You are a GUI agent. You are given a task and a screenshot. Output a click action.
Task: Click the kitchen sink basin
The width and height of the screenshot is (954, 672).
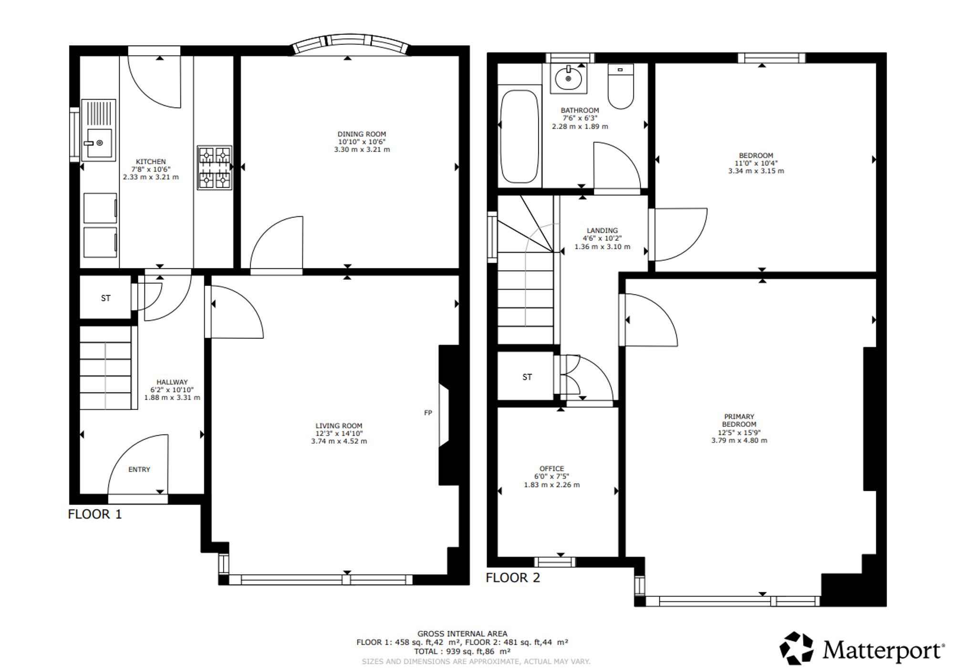coord(98,143)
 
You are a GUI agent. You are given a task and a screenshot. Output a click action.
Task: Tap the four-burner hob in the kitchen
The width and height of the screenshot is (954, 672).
coord(215,168)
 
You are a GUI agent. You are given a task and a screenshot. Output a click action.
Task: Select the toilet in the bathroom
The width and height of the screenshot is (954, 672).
coord(621,86)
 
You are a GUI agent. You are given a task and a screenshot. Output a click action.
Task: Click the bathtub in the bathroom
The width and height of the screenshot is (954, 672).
coord(520,137)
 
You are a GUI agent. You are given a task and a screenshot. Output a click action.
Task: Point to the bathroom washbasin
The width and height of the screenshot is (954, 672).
coord(568,79)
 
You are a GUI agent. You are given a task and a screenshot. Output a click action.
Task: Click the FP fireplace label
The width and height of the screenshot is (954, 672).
coord(428,413)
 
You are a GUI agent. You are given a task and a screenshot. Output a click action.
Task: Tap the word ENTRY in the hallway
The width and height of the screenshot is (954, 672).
coord(139,469)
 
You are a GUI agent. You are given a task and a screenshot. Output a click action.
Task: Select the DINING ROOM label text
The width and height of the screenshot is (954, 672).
coord(362,134)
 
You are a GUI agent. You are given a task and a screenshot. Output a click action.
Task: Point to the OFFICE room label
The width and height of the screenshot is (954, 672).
coord(552,468)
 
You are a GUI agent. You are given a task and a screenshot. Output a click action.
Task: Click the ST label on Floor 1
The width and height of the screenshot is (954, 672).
coord(106,298)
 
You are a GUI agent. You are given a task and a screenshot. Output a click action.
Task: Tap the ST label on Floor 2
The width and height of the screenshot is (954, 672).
coord(527,377)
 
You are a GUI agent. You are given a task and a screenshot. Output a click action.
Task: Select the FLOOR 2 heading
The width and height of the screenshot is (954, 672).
coord(513,578)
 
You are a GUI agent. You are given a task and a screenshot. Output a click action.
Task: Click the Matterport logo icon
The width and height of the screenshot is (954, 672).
coord(796,648)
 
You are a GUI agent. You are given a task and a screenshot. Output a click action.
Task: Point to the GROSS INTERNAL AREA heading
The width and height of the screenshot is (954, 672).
coord(462,633)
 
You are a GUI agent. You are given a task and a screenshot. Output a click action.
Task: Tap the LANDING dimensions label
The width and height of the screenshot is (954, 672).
coord(602,243)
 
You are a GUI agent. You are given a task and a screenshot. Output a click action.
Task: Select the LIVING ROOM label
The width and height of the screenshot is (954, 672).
coord(339,426)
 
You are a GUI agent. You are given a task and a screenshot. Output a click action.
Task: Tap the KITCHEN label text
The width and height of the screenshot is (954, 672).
coord(151,162)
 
